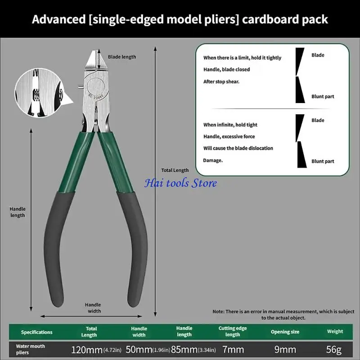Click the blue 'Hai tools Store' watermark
(181, 183)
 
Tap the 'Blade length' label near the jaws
(122, 57)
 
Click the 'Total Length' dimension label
(175, 170)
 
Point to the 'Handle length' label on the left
(18, 212)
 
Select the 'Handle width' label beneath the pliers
(93, 308)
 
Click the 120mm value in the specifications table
(87, 350)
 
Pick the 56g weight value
(334, 350)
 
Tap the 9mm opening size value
(285, 350)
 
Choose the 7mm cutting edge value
(233, 350)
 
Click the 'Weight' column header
(335, 331)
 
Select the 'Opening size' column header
(285, 332)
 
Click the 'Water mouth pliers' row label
(30, 349)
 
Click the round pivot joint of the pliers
(96, 87)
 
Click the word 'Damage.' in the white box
(213, 160)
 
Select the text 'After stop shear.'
(221, 81)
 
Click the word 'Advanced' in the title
(59, 19)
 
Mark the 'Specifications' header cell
(37, 332)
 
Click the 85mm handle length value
(184, 350)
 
